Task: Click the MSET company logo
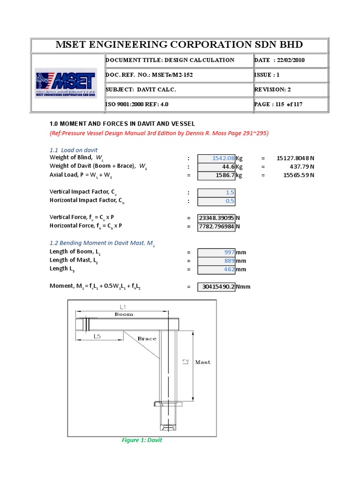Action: click(66, 83)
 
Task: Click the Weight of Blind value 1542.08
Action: click(217, 158)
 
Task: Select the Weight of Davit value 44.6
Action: click(217, 166)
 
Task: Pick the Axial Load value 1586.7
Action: click(217, 175)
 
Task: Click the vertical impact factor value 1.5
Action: click(217, 193)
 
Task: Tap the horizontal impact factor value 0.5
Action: click(217, 201)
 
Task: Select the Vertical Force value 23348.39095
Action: click(217, 218)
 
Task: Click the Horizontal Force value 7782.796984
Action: click(217, 226)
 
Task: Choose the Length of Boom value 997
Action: click(217, 253)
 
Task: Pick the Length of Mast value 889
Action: click(217, 261)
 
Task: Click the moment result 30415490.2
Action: click(217, 286)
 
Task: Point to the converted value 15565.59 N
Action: click(295, 175)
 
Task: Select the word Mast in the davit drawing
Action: click(202, 362)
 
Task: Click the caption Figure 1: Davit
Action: click(142, 440)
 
